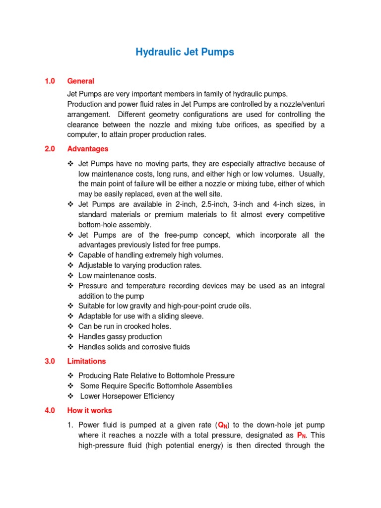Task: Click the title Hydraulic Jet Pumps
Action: [x=185, y=52]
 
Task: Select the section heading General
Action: [x=80, y=81]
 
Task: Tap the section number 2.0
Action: [x=50, y=149]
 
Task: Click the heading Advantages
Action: [x=87, y=149]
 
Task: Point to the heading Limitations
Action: [x=86, y=361]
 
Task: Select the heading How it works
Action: [x=89, y=410]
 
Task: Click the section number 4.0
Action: [x=50, y=410]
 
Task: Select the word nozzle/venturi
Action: [x=300, y=104]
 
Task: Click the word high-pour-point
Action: [x=191, y=306]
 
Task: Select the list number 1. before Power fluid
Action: [x=70, y=425]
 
